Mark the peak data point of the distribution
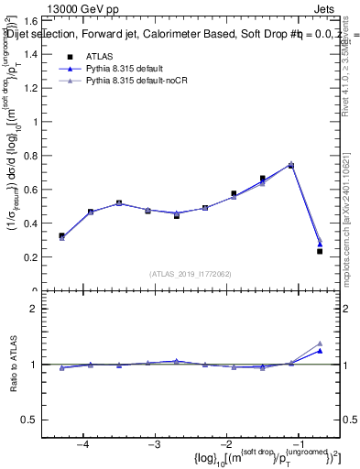[291, 165]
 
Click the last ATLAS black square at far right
[320, 251]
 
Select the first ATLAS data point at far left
[61, 235]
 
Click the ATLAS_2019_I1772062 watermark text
[191, 273]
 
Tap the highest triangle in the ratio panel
[320, 343]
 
